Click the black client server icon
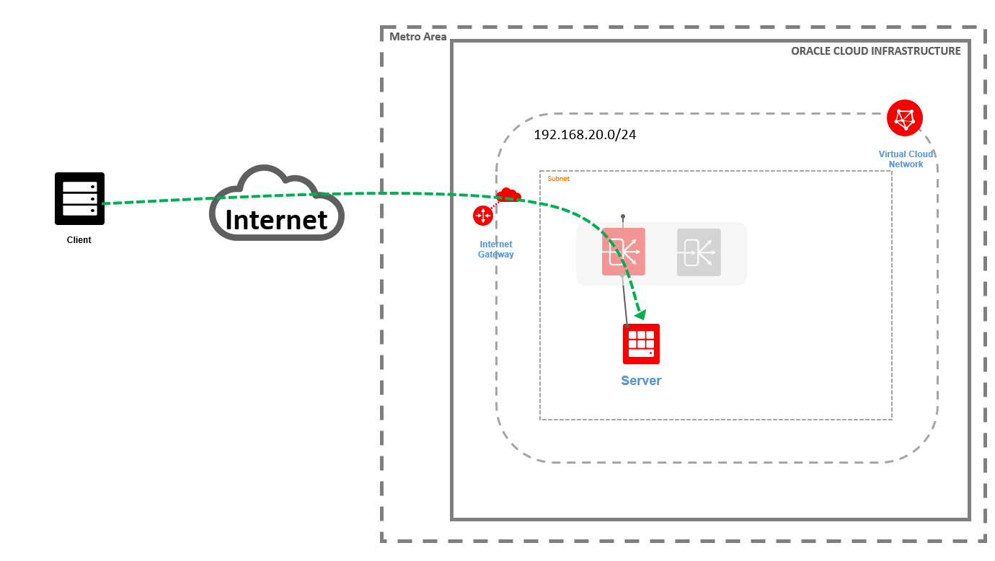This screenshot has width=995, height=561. tap(79, 198)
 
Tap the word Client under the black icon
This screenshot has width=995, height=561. tap(79, 240)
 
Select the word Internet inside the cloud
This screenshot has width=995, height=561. tap(276, 219)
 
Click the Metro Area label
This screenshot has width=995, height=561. tap(418, 37)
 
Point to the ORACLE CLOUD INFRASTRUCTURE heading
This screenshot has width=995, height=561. tap(875, 51)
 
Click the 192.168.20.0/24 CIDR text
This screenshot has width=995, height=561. tap(585, 135)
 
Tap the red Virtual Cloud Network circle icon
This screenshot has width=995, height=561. tap(905, 118)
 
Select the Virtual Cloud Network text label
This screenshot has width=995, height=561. tap(906, 159)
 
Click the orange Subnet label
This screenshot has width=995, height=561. tap(558, 178)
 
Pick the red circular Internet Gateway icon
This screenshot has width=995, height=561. tap(482, 215)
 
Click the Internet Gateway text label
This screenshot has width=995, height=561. tap(496, 249)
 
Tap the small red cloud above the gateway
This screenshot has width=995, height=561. tap(508, 195)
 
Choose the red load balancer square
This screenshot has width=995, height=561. tap(624, 252)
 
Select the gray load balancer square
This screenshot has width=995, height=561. tap(699, 252)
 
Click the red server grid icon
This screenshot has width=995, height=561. tap(641, 343)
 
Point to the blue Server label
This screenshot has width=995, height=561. tap(641, 381)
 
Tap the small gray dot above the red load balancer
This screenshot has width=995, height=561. tap(623, 216)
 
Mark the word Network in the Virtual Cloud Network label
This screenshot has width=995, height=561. tap(906, 164)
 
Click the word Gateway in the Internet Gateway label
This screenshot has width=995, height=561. tap(496, 255)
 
